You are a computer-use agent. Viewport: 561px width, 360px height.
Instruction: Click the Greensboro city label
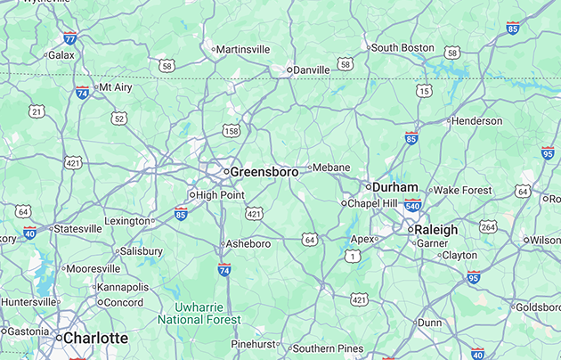tap(264, 171)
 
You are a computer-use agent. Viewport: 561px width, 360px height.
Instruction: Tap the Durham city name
tap(394, 187)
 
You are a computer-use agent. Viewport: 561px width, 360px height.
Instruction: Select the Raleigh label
tap(436, 229)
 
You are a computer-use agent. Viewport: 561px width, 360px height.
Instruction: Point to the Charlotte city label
tap(95, 339)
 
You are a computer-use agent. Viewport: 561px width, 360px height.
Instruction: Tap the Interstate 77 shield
tap(69, 38)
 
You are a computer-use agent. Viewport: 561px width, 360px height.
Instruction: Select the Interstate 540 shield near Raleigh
tap(412, 206)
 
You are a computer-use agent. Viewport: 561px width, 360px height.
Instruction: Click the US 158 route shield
tap(232, 131)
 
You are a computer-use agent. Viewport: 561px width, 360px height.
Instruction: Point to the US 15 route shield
tap(424, 91)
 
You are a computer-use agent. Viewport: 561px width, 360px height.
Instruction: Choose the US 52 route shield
tap(119, 118)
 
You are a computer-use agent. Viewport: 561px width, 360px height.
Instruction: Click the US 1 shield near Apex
tap(353, 256)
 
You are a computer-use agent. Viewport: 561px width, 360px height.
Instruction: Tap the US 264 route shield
tap(488, 226)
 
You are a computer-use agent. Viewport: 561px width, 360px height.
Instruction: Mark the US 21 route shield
tap(37, 111)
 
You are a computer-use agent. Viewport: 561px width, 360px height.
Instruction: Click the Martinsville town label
tap(243, 49)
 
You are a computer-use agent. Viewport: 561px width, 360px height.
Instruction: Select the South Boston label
tap(402, 47)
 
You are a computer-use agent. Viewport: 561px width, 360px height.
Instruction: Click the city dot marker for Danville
tap(290, 70)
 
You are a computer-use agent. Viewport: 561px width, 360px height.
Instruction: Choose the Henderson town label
tap(477, 120)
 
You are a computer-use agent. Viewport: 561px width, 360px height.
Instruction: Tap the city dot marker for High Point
tap(192, 194)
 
